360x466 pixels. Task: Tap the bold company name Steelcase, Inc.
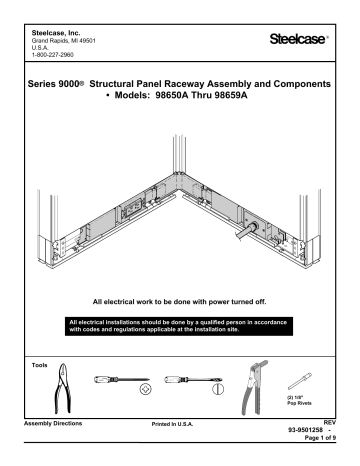(x=61, y=13)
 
